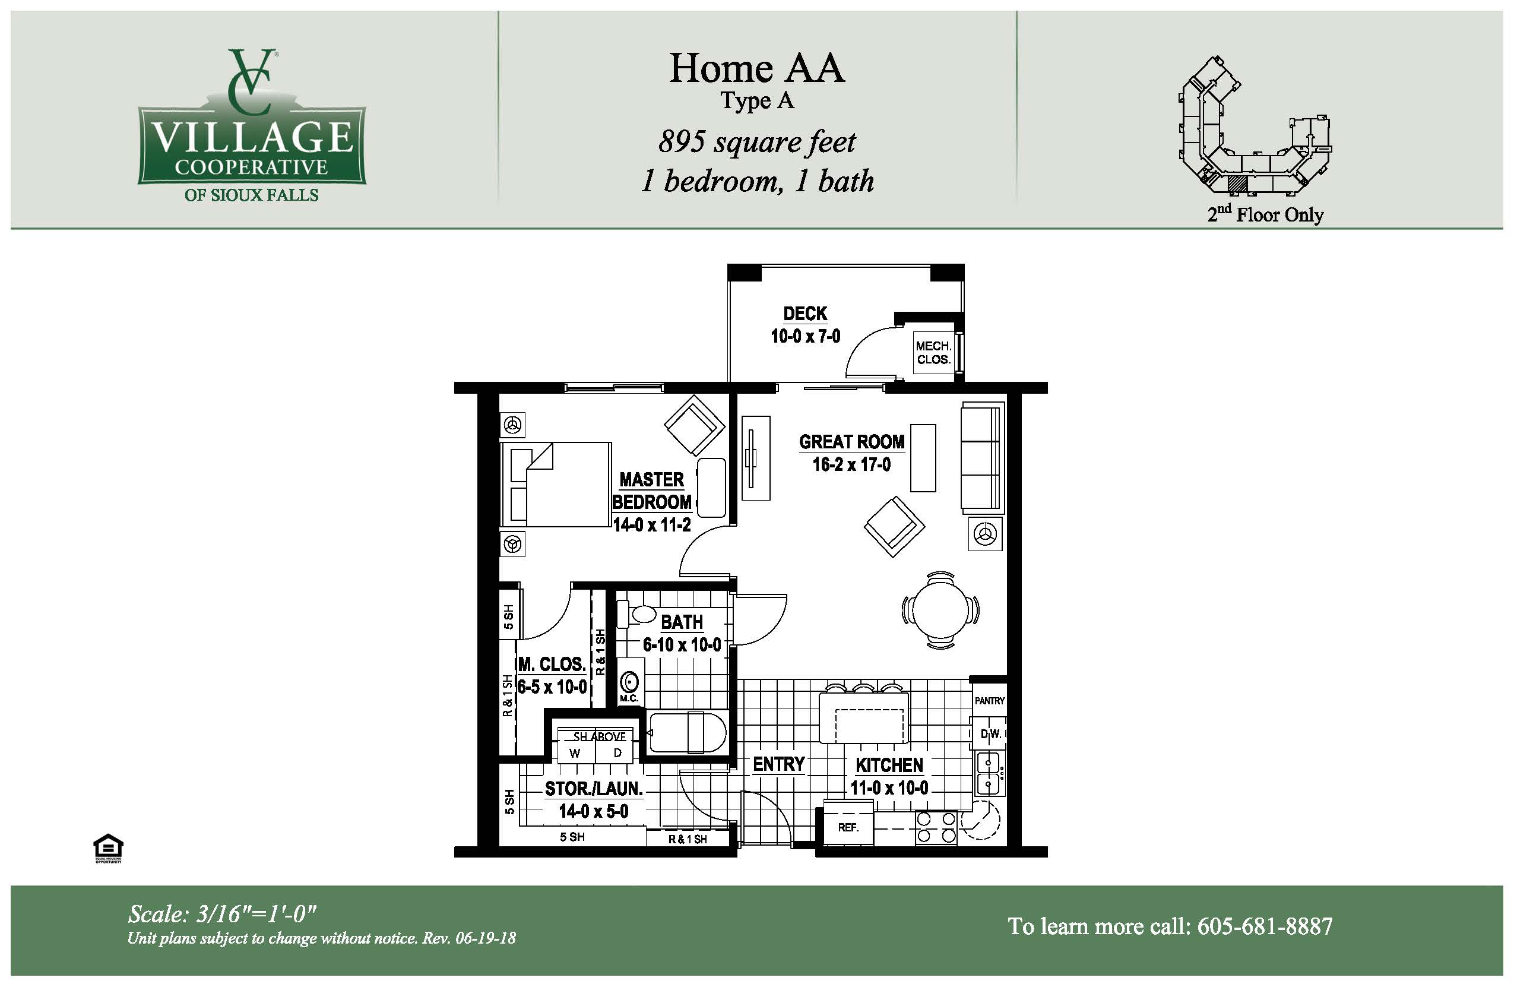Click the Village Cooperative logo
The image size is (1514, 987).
(x=252, y=125)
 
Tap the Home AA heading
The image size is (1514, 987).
(x=756, y=68)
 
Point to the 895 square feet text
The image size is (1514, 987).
(x=757, y=142)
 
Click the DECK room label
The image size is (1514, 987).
(x=804, y=314)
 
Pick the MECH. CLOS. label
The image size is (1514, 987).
(x=933, y=353)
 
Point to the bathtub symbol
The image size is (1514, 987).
(x=686, y=732)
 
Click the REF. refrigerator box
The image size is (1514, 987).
(x=848, y=827)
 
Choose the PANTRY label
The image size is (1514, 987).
(x=989, y=701)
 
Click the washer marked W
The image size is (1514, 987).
(x=575, y=753)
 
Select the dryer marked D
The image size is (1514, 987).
(x=616, y=753)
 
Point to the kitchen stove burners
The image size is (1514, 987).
(x=936, y=827)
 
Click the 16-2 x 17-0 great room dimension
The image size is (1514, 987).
(x=851, y=464)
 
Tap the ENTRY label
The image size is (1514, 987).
(x=778, y=764)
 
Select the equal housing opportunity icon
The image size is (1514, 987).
(x=108, y=847)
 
